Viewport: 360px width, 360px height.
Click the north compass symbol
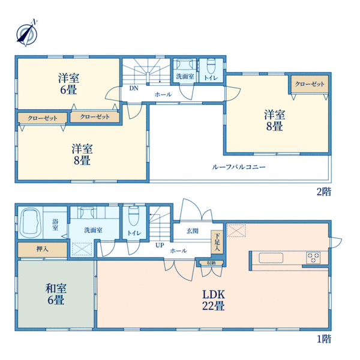[x=27, y=33]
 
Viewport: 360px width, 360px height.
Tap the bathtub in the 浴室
[x=31, y=223]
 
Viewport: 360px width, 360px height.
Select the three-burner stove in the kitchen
[x=313, y=257]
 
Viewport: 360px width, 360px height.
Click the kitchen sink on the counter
[x=271, y=258]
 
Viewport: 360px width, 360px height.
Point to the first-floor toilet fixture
[x=134, y=216]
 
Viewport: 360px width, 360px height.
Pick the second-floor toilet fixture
[x=211, y=65]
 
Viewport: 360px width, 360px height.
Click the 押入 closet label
[x=43, y=248]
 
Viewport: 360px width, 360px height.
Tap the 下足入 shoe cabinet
[x=217, y=242]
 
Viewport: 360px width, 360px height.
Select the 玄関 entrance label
[x=193, y=231]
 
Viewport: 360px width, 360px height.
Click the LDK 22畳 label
[x=213, y=300]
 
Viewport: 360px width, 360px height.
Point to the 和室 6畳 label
[x=56, y=295]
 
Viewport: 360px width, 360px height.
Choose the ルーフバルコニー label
[x=239, y=167]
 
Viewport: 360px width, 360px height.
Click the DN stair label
[x=134, y=88]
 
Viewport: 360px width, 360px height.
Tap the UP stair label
[x=160, y=245]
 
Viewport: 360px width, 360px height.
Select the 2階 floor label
[x=324, y=191]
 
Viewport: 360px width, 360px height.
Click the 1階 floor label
[x=324, y=339]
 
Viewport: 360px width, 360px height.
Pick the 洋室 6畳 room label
[x=68, y=84]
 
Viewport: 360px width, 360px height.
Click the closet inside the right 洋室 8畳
[x=310, y=84]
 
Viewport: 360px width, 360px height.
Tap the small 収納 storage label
[x=211, y=263]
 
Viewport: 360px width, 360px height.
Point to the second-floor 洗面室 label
[x=185, y=76]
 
